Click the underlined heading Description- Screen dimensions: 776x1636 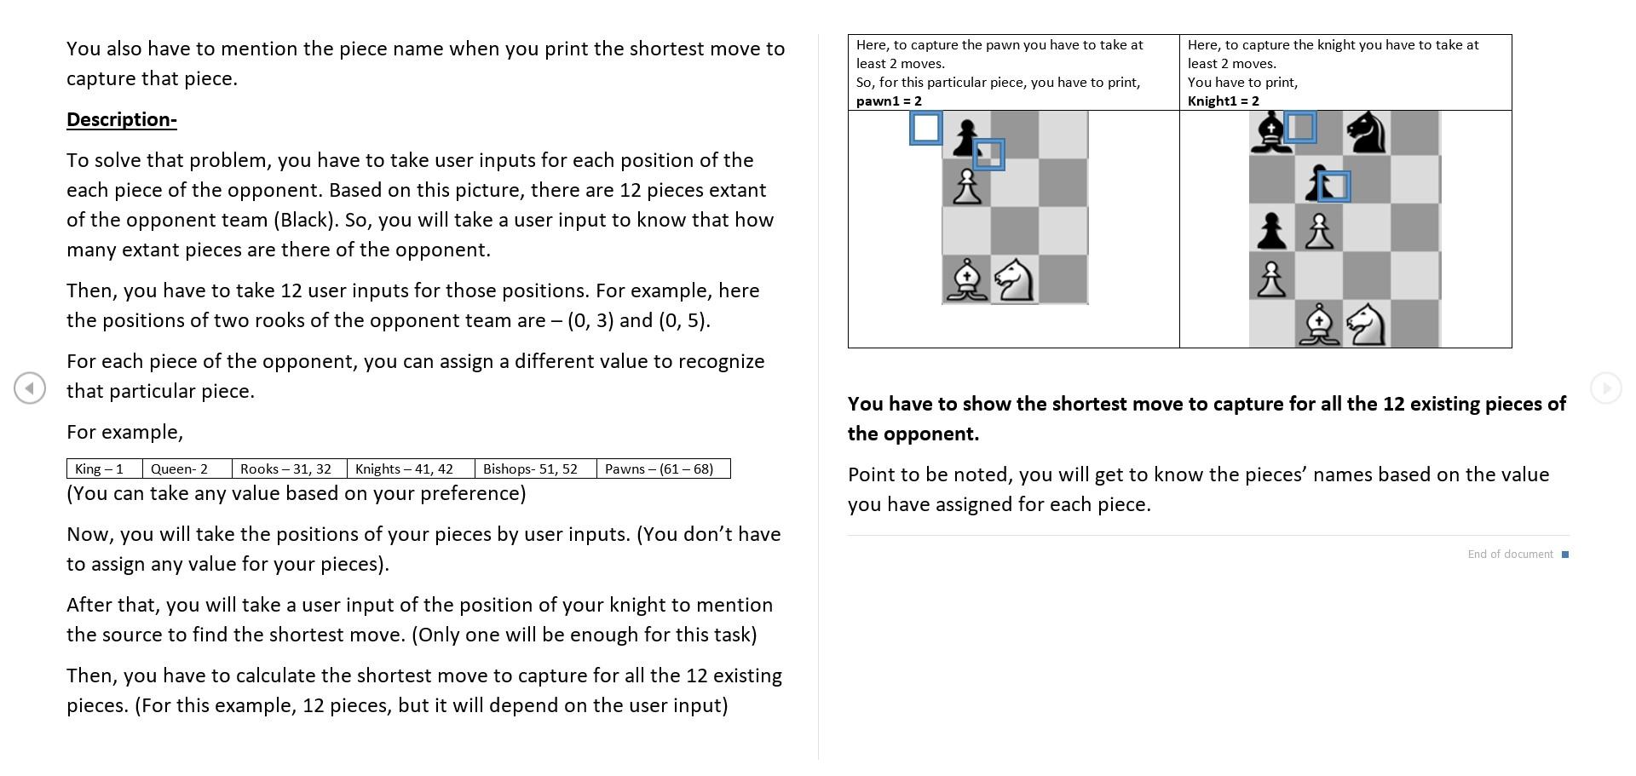121,120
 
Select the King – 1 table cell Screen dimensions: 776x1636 100,469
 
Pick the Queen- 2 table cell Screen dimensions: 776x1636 180,469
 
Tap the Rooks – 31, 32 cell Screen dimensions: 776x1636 285,469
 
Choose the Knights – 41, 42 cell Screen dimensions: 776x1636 404,469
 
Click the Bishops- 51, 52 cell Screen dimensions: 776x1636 530,469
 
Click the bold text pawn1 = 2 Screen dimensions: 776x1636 889,101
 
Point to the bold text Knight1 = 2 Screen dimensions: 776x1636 1223,101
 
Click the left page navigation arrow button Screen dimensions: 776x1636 30,388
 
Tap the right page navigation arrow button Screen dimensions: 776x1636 1605,388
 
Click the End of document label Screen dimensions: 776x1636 1510,555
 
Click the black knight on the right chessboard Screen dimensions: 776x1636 1367,134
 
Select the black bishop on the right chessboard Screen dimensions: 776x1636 1270,134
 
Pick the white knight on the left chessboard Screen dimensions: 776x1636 1014,280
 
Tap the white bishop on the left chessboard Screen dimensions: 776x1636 966,280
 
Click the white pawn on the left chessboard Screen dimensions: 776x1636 966,186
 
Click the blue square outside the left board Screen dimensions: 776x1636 925,129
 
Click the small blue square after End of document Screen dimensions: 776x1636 1565,555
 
